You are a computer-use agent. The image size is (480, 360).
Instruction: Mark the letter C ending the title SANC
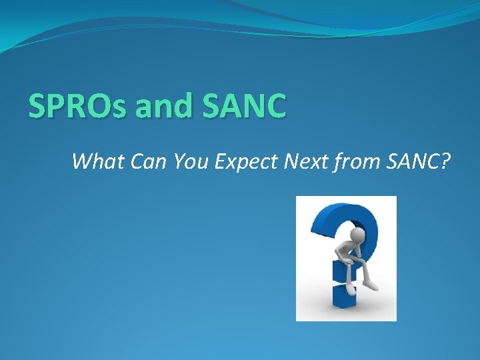275,107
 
